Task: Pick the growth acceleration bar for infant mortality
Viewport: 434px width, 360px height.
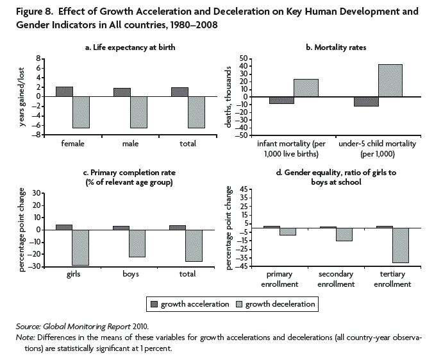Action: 281,100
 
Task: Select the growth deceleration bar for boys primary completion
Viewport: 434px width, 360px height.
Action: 137,243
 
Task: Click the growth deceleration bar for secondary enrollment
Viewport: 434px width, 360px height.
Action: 344,234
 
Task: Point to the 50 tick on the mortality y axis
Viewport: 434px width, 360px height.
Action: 243,58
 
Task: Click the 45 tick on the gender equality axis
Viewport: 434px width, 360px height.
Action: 242,190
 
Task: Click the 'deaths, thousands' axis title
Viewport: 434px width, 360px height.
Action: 228,96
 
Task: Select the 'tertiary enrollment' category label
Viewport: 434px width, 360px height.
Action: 391,279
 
